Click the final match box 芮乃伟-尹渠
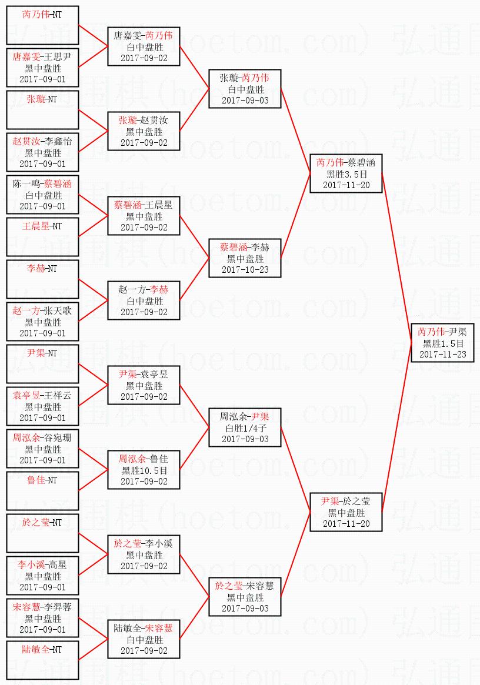click(442, 343)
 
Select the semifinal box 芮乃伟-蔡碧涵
click(346, 173)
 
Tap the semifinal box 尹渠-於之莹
click(346, 512)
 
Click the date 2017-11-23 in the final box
click(442, 355)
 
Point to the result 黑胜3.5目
click(346, 174)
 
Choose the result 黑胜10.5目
click(144, 470)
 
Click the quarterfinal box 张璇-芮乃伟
click(245, 89)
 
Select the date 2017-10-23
click(245, 269)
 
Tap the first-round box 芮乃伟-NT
click(42, 25)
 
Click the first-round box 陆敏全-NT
click(42, 660)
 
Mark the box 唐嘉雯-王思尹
click(42, 68)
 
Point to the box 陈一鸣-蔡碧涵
click(42, 195)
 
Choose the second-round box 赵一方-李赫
click(144, 300)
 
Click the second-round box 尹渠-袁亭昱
click(144, 385)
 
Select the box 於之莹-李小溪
click(144, 554)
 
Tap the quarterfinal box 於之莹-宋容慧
click(245, 597)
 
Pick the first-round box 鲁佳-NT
click(42, 491)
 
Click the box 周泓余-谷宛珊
click(42, 449)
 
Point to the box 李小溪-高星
click(42, 576)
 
